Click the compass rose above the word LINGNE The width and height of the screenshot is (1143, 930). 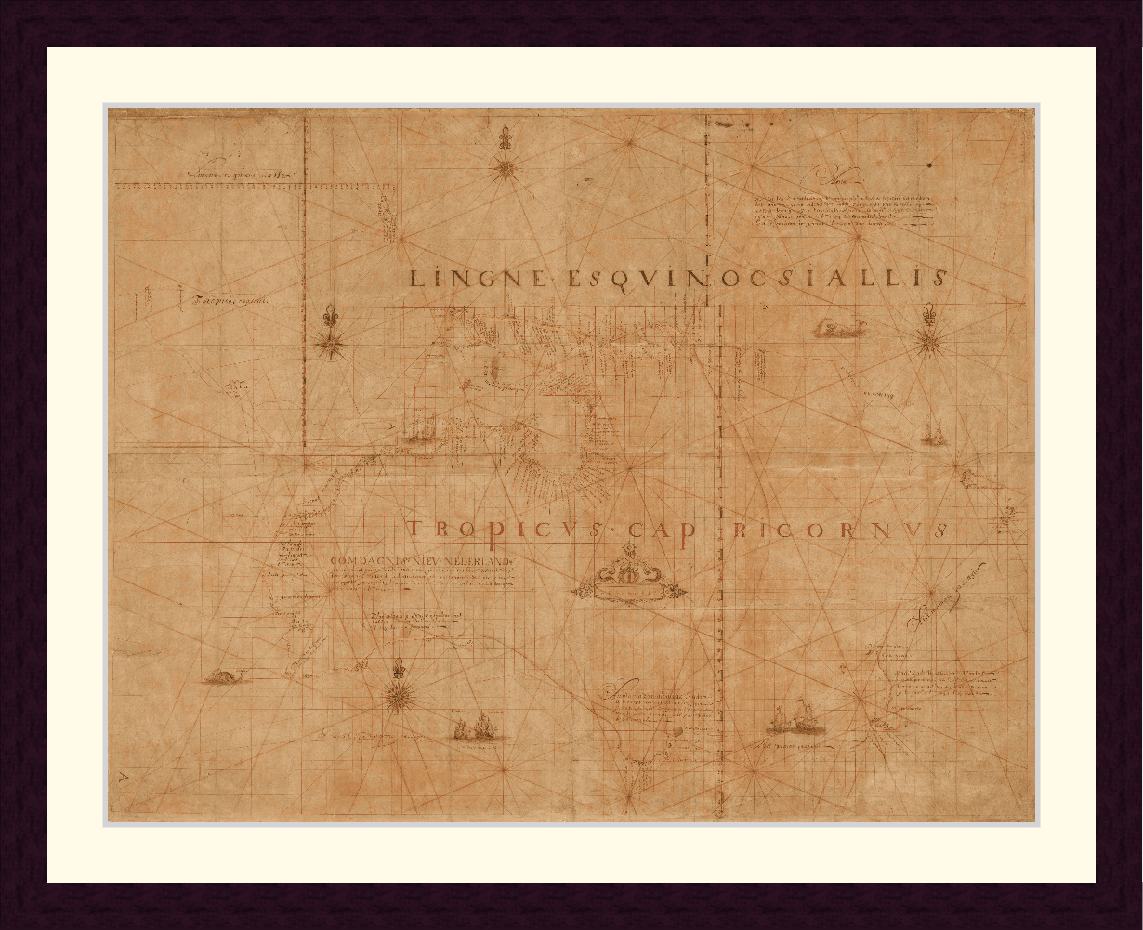pos(506,168)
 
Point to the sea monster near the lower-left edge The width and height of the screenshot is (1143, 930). pos(221,676)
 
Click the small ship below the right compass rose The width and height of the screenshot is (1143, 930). pos(932,431)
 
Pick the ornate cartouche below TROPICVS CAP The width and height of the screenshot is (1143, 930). pos(627,578)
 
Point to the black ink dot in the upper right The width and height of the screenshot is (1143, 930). pos(928,166)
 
